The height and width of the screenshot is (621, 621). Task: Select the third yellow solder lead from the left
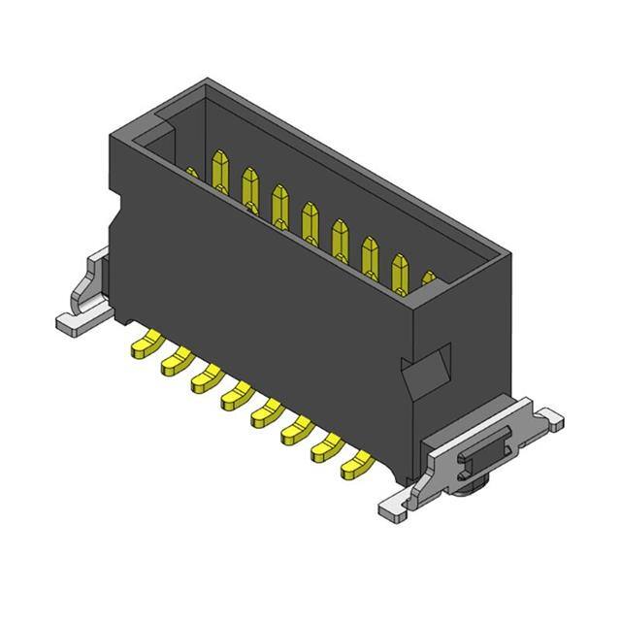[206, 376]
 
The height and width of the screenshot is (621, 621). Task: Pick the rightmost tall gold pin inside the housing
[399, 272]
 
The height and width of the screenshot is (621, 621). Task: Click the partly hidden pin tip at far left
[191, 174]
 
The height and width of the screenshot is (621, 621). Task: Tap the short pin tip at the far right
[429, 280]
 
